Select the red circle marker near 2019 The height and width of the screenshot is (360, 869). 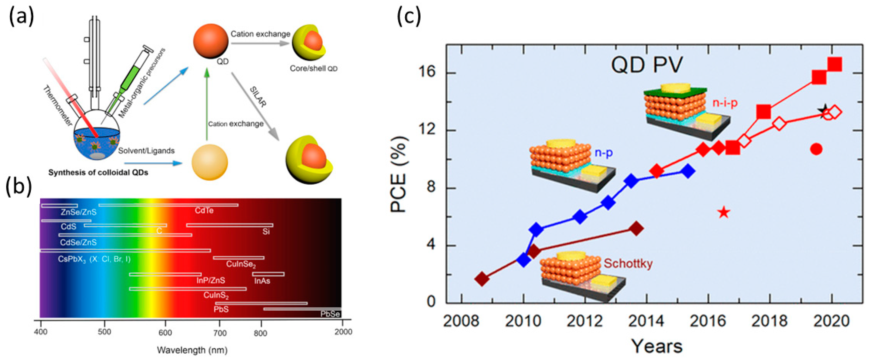[816, 149]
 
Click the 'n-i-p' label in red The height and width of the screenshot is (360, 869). [725, 102]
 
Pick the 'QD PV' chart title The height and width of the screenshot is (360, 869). [647, 65]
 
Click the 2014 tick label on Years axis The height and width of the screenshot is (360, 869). [646, 321]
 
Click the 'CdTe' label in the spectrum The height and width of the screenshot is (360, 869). [204, 211]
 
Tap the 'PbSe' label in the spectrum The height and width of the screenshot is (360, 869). [330, 314]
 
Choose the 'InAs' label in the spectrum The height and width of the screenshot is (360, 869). [262, 281]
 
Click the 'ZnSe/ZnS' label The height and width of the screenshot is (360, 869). [79, 212]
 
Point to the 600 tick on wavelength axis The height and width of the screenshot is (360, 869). [165, 333]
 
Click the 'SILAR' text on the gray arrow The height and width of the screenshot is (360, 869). [258, 97]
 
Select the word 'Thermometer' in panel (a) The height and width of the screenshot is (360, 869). [57, 106]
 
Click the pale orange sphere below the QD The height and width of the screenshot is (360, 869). [209, 162]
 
